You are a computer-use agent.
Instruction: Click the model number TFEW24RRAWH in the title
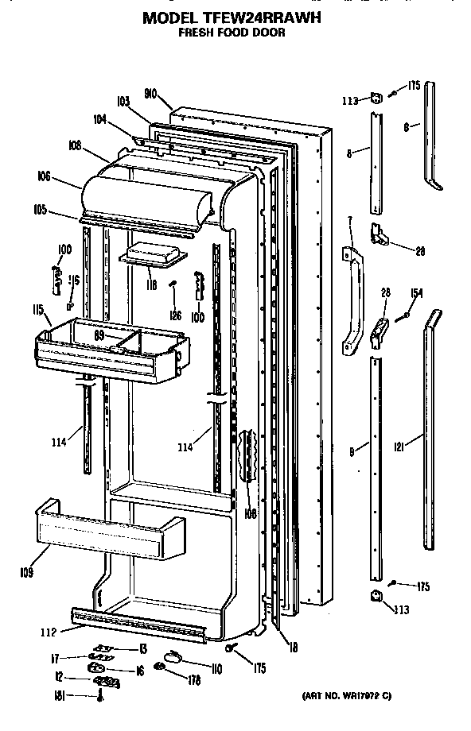(x=270, y=17)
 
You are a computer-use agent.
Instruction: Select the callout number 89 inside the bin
(x=100, y=335)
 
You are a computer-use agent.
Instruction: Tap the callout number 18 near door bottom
(x=293, y=648)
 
